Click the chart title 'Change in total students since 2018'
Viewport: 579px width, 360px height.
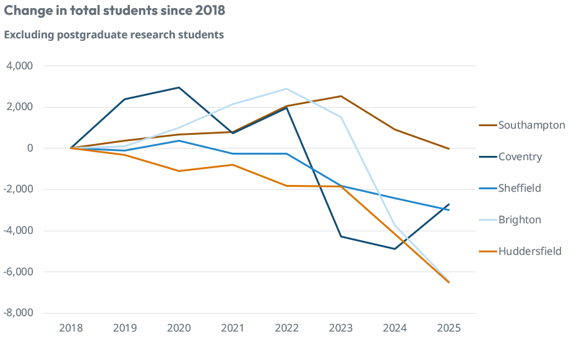tap(114, 11)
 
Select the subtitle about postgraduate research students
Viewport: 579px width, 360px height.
tap(114, 35)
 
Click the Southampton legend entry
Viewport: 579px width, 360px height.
tap(531, 125)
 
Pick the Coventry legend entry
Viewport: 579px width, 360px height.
tap(520, 156)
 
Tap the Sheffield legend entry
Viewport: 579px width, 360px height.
tap(520, 188)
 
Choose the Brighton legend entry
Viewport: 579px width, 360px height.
tap(519, 220)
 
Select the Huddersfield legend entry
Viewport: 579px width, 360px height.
tap(530, 251)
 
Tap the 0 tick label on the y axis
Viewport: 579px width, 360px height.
tap(29, 148)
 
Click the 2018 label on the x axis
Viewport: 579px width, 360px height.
tap(71, 328)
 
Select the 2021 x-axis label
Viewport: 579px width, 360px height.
tap(233, 328)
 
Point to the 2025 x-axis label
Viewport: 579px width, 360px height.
tap(448, 328)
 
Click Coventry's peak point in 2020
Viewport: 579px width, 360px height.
tap(179, 87)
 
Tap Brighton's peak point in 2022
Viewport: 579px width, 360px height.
tap(286, 88)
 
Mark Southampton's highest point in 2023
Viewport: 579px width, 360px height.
tap(341, 96)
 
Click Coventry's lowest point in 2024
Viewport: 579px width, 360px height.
tap(395, 249)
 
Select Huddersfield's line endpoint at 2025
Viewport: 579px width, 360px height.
tap(448, 282)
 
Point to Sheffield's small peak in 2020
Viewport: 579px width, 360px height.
tap(179, 140)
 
